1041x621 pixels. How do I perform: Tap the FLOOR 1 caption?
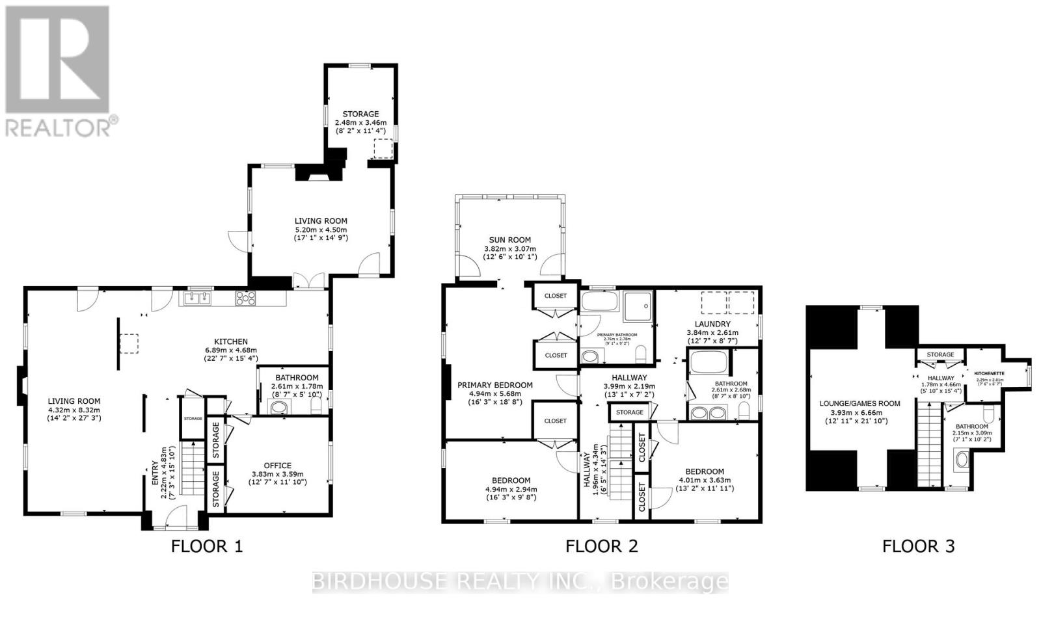(206, 546)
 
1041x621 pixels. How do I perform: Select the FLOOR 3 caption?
(918, 546)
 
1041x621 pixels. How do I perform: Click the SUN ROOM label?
(510, 240)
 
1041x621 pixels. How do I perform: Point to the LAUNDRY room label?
(712, 324)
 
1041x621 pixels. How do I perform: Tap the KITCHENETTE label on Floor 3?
(989, 373)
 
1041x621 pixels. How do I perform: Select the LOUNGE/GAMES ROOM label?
(859, 403)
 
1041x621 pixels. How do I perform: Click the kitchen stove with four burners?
(245, 298)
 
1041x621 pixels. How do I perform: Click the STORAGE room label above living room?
(360, 114)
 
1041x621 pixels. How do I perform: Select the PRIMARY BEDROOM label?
(494, 385)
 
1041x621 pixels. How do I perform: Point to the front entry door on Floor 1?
(176, 517)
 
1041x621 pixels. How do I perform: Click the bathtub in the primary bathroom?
(601, 301)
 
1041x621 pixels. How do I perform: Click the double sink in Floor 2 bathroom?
(709, 412)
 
